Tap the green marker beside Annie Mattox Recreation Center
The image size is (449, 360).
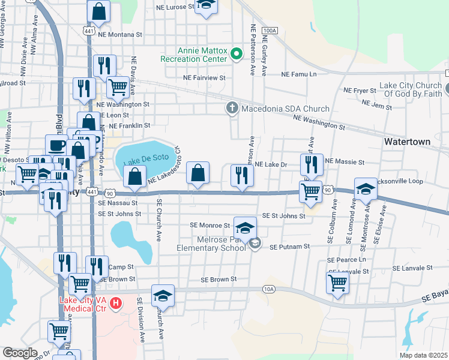(237, 55)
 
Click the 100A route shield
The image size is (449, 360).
(270, 30)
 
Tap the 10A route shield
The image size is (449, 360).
(270, 289)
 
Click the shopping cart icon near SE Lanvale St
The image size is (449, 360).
(338, 282)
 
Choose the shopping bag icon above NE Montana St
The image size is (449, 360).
(99, 11)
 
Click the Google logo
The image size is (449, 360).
(20, 353)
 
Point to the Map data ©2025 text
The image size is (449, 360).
(423, 355)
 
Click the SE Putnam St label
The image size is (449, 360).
(289, 247)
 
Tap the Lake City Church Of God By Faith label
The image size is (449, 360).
(411, 90)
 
